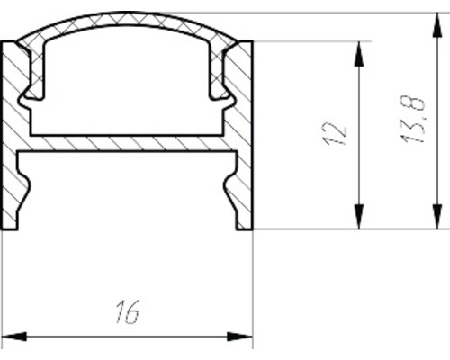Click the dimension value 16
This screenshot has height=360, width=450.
128,312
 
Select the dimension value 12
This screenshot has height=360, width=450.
336,133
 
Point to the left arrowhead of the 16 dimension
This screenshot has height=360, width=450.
13,338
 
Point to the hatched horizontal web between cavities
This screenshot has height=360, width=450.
126,143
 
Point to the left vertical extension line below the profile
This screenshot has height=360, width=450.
2,288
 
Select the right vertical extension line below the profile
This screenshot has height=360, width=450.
253,288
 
